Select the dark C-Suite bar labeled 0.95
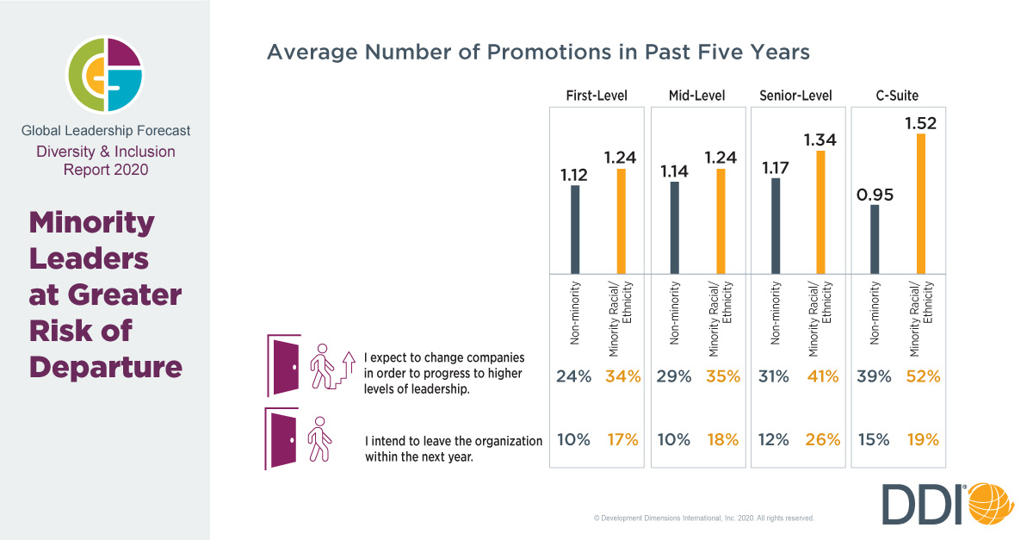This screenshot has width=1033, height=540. click(x=875, y=239)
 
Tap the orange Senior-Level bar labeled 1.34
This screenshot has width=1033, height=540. click(x=820, y=213)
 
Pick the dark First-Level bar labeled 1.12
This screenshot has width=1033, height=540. click(x=575, y=230)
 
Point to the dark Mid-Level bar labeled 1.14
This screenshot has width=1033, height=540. click(x=674, y=228)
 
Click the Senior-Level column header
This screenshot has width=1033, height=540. click(x=796, y=96)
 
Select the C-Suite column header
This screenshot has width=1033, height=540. click(x=897, y=96)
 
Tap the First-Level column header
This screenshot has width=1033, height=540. click(x=597, y=96)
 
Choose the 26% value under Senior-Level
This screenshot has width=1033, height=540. click(x=822, y=440)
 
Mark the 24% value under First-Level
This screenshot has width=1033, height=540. click(x=574, y=376)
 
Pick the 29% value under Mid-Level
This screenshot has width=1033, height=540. click(x=674, y=376)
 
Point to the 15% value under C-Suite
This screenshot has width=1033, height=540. click(x=873, y=440)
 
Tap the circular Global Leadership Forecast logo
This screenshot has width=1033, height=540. click(x=106, y=75)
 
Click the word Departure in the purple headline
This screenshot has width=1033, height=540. click(x=105, y=366)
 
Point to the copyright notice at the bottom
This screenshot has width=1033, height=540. click(x=703, y=518)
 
